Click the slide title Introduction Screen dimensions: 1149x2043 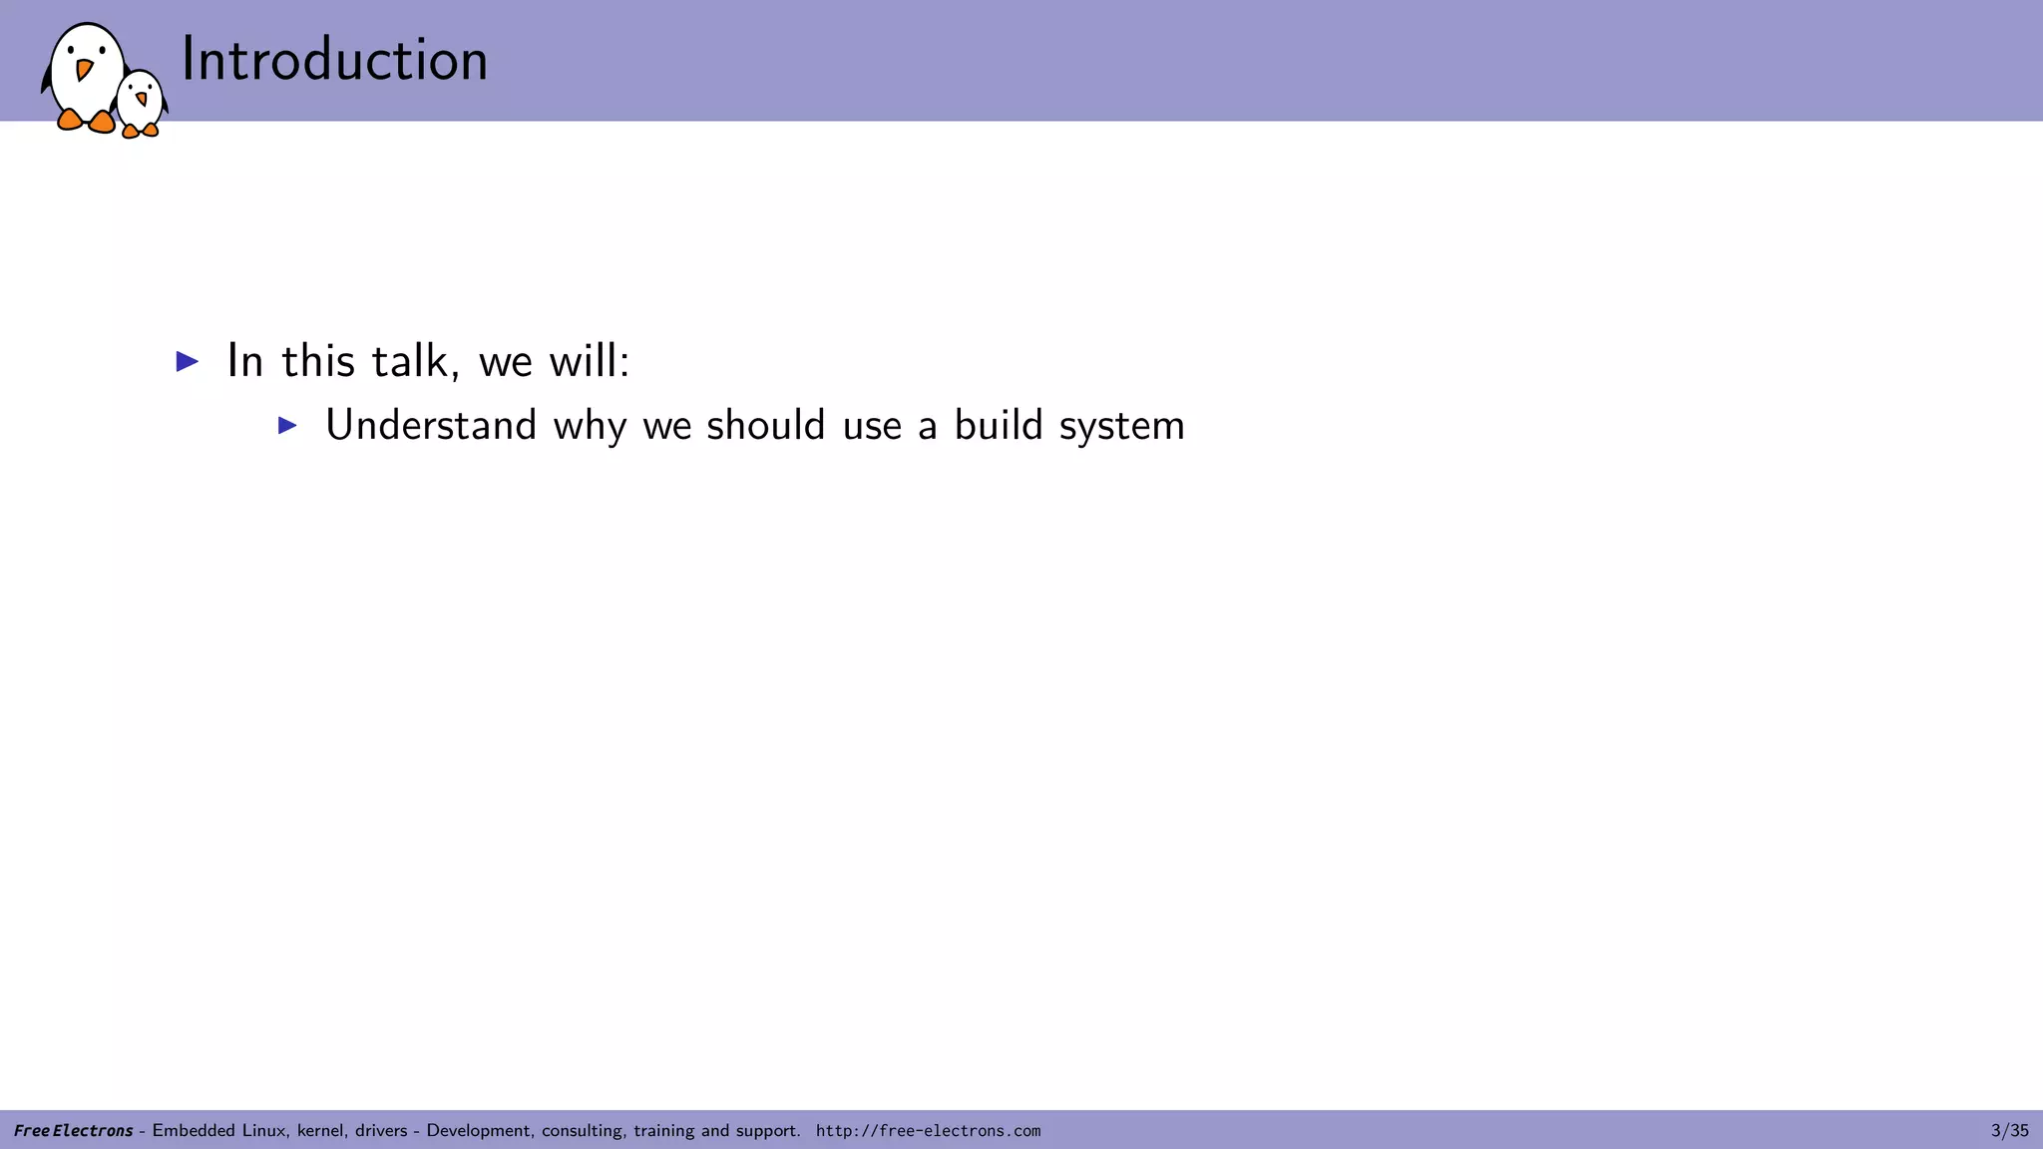click(334, 60)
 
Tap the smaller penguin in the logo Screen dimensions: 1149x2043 click(141, 103)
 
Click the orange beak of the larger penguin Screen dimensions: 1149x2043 click(84, 70)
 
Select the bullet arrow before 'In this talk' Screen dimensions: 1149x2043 click(188, 361)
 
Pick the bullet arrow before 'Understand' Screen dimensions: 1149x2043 click(287, 426)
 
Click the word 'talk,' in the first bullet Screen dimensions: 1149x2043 click(416, 360)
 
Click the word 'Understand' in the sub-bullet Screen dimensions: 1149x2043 click(431, 425)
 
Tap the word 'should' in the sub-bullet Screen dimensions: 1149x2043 click(766, 425)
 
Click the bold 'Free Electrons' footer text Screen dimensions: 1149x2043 click(74, 1131)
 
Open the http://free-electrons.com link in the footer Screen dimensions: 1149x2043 click(928, 1131)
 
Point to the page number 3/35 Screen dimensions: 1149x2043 click(2010, 1131)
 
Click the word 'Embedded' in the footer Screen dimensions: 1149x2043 click(194, 1131)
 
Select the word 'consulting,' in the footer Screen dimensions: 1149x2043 click(584, 1131)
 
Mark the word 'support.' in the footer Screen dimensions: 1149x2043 click(768, 1131)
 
